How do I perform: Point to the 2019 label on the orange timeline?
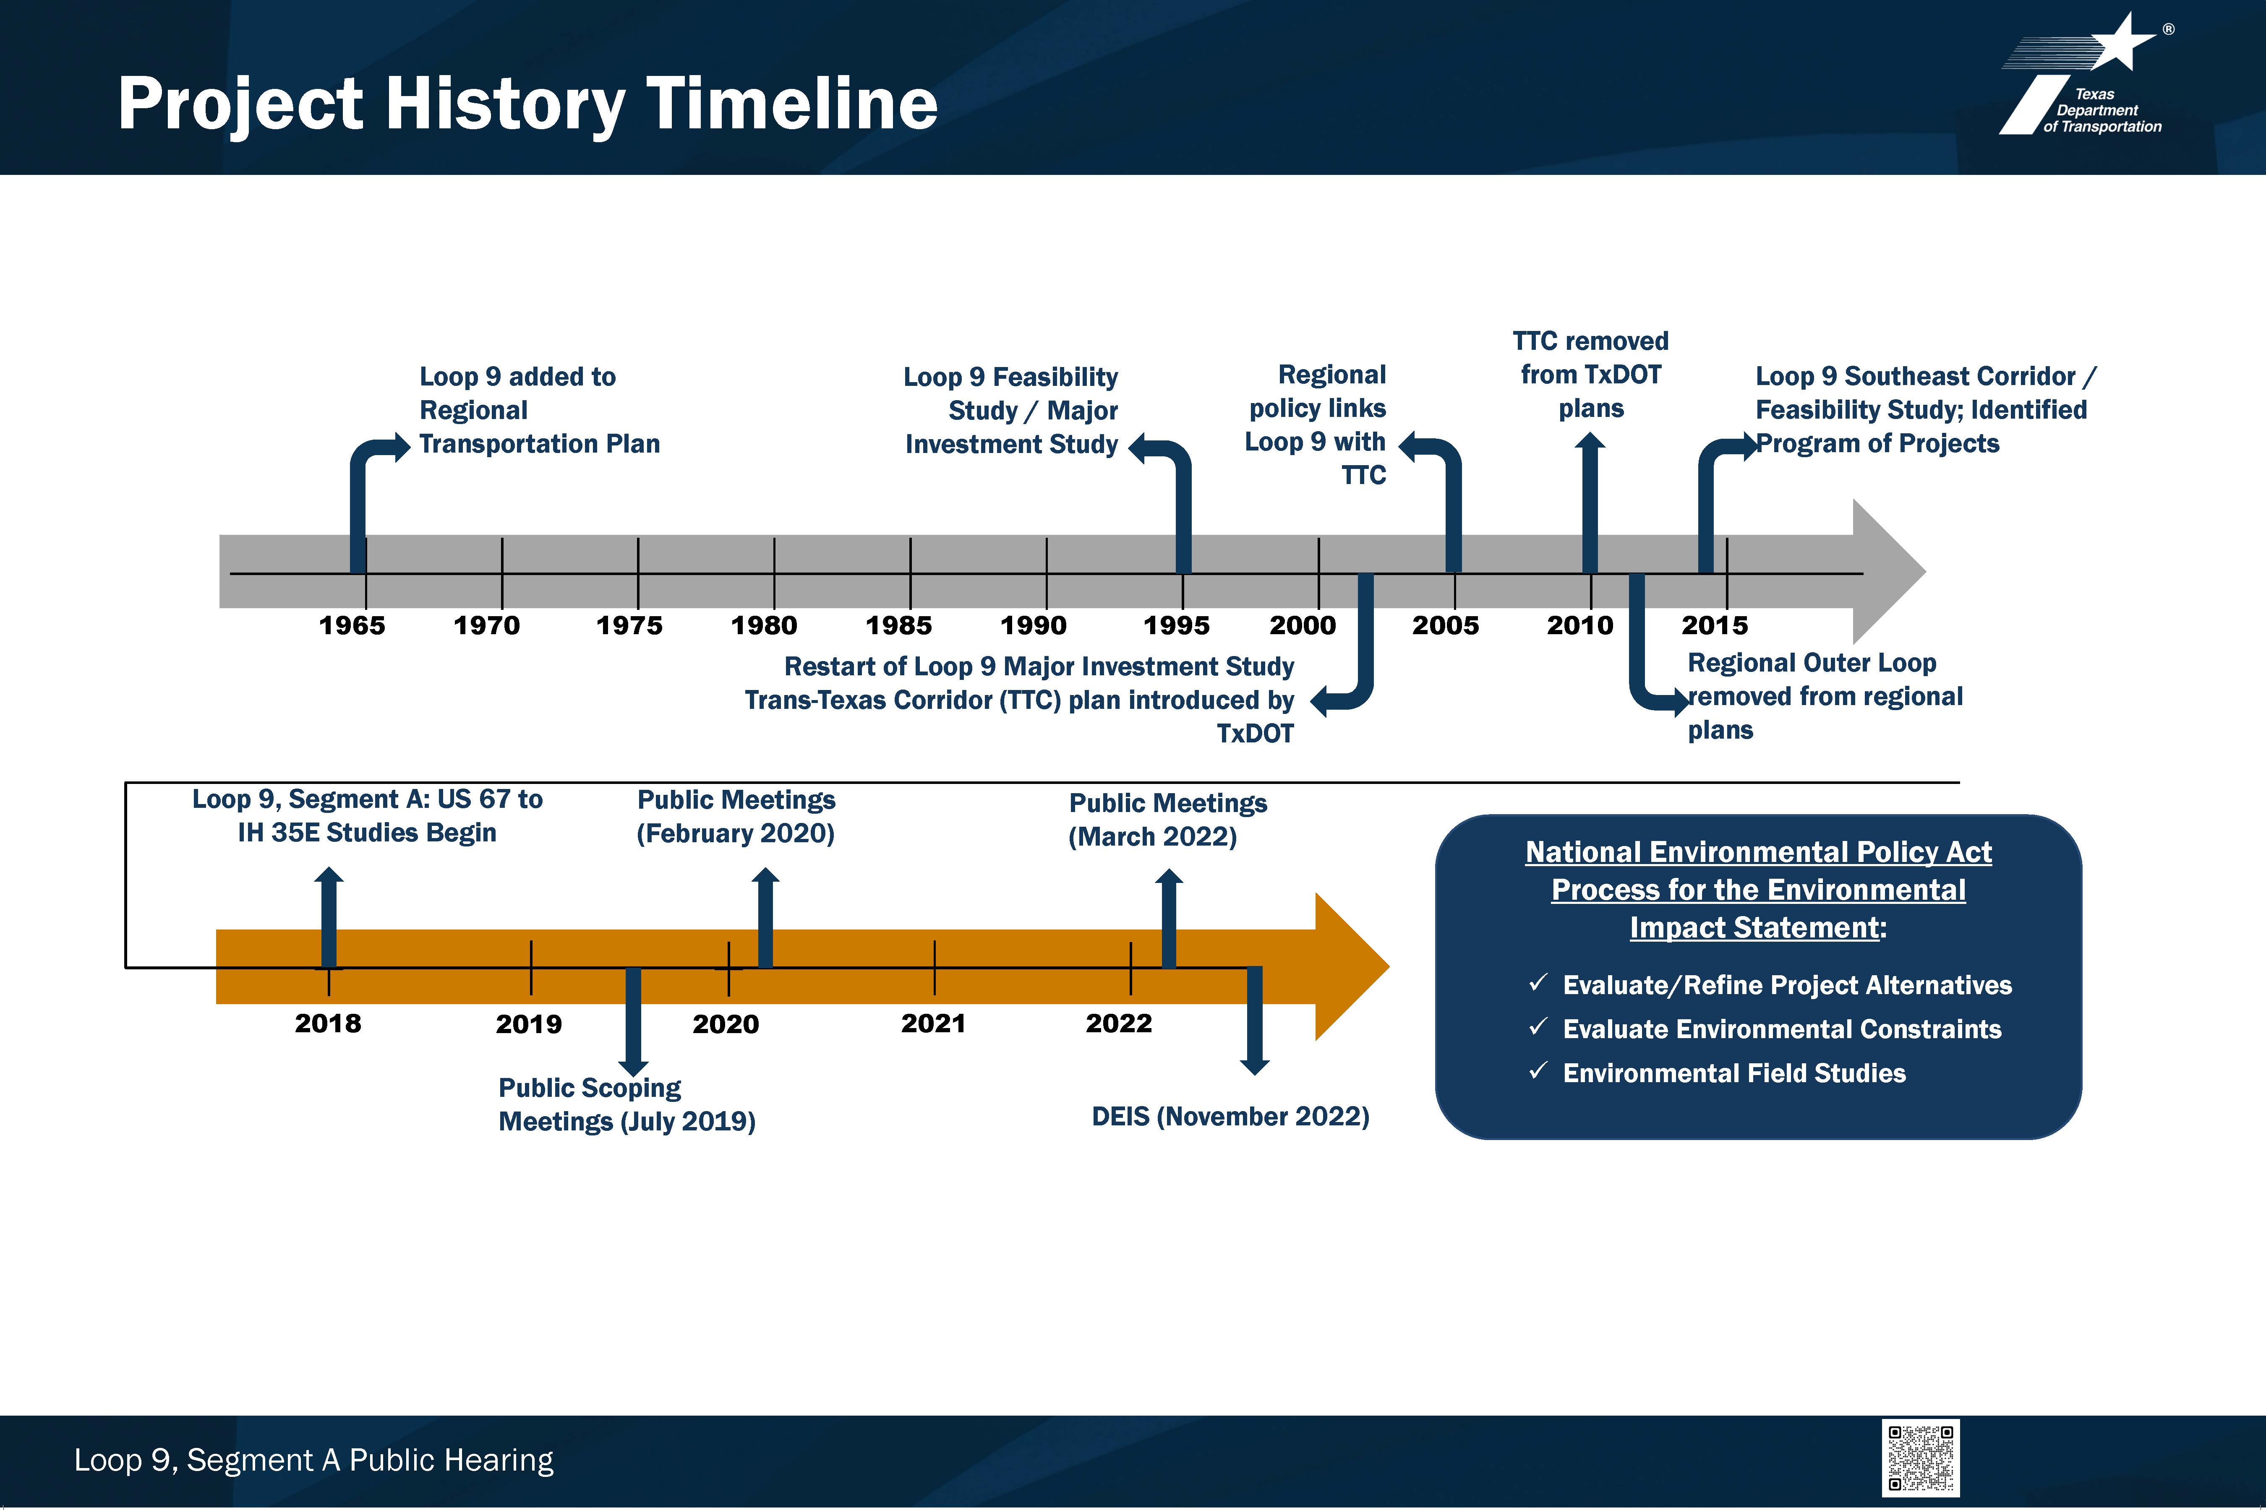pyautogui.click(x=529, y=1024)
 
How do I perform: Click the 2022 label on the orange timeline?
pyautogui.click(x=1119, y=1023)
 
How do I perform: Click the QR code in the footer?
pyautogui.click(x=1920, y=1458)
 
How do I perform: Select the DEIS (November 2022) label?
pyautogui.click(x=1230, y=1116)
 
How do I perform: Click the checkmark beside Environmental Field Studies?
pyautogui.click(x=1539, y=1071)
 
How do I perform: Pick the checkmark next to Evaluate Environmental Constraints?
pyautogui.click(x=1539, y=1026)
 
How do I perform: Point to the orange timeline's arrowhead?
pyautogui.click(x=1352, y=966)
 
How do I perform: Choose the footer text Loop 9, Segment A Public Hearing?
pyautogui.click(x=314, y=1460)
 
